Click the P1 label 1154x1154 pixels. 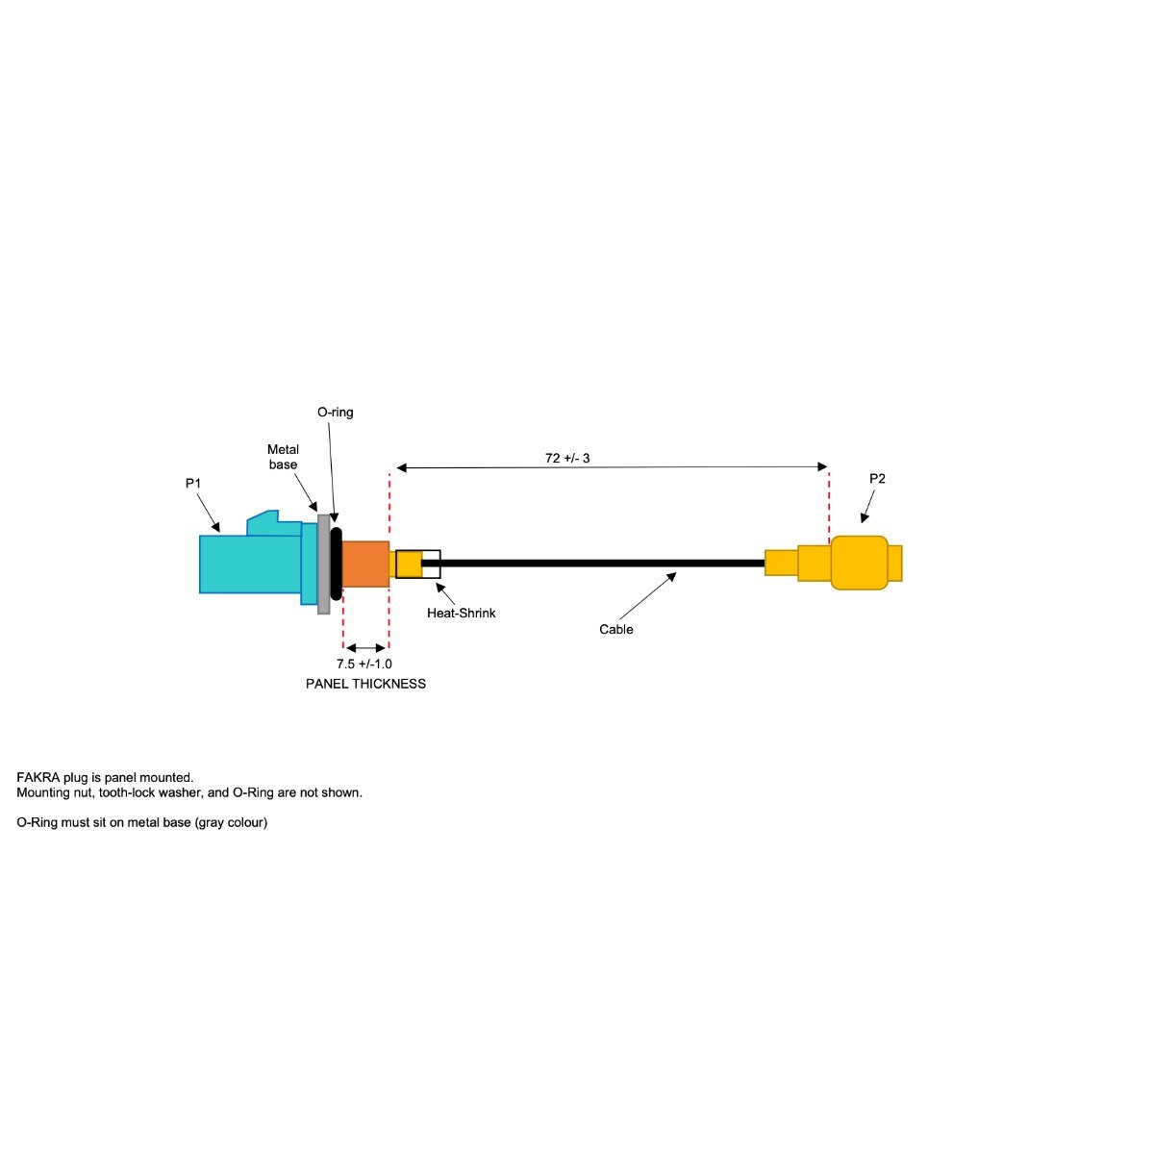(193, 483)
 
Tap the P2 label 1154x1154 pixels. (877, 478)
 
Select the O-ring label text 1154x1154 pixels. (336, 412)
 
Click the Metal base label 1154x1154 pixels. (283, 457)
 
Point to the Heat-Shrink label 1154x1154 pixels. (462, 613)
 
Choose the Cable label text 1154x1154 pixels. (616, 629)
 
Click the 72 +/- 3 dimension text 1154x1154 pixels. (567, 458)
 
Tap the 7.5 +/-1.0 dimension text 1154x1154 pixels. (364, 664)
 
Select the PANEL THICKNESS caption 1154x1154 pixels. (365, 684)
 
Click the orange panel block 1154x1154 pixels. (365, 564)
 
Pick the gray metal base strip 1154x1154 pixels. (323, 564)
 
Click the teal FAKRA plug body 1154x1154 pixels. (250, 564)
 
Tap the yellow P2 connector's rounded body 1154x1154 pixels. (859, 563)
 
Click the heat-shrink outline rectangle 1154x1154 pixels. (418, 564)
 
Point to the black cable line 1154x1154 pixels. (596, 563)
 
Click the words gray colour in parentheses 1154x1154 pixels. (232, 822)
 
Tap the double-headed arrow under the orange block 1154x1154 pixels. (365, 648)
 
